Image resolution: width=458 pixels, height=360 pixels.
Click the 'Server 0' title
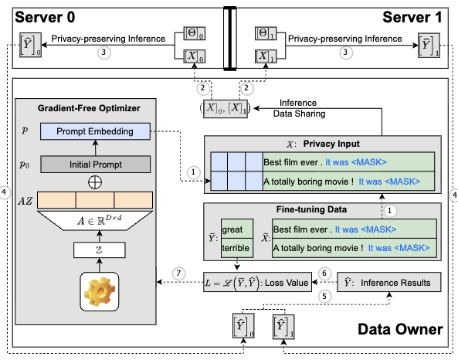click(45, 15)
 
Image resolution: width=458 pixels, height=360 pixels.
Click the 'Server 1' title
click(416, 15)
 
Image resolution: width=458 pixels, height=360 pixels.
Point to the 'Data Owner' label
click(401, 330)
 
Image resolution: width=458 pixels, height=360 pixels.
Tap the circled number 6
click(326, 274)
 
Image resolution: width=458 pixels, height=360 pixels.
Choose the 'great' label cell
click(232, 230)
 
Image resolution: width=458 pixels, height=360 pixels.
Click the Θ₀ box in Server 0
click(192, 34)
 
